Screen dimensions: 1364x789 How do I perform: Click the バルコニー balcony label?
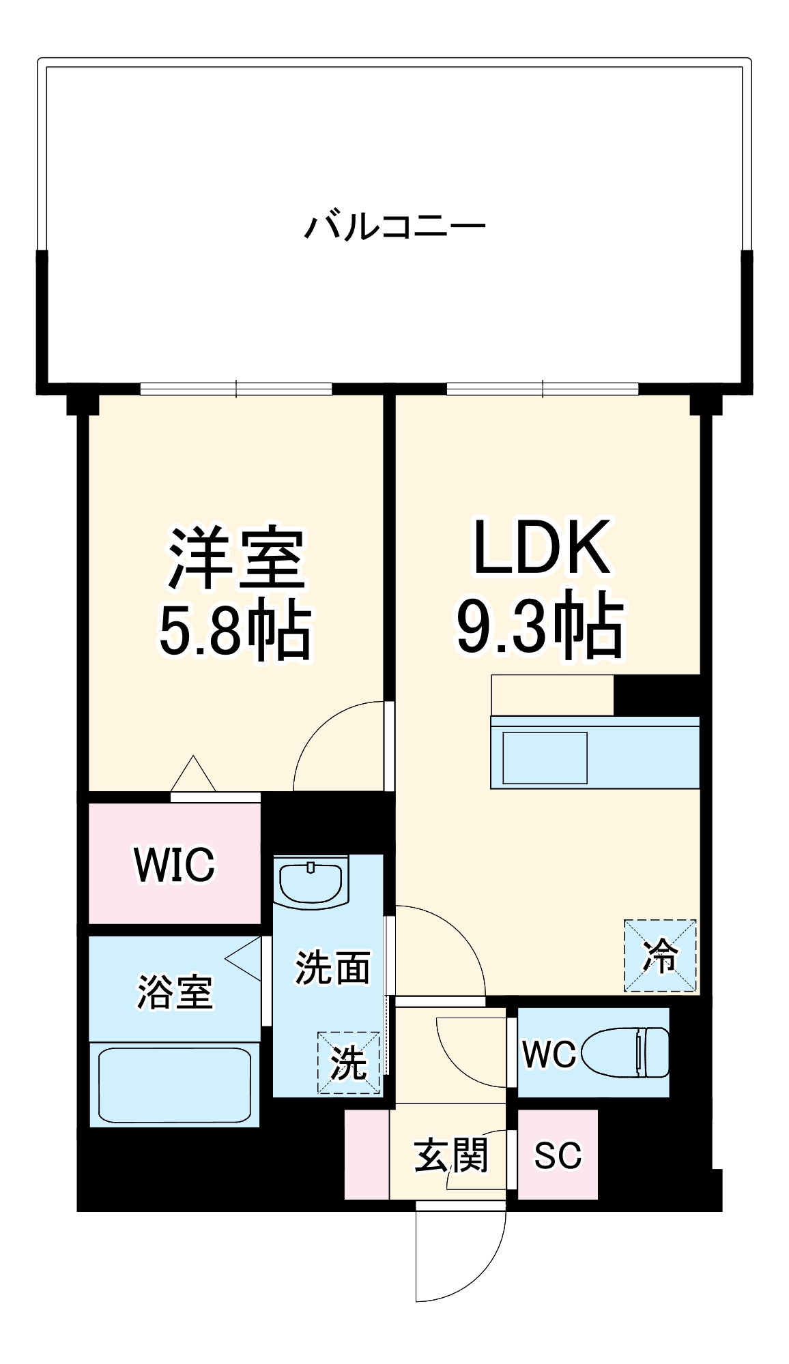tap(394, 226)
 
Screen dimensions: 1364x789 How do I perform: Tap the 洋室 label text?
tap(235, 558)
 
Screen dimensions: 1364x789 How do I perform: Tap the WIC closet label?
tap(175, 865)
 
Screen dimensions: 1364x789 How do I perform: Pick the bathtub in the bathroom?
tap(175, 1084)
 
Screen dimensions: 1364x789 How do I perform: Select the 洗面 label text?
tap(332, 967)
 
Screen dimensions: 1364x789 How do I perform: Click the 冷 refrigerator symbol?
tap(660, 955)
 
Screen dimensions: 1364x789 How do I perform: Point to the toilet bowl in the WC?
tap(625, 1053)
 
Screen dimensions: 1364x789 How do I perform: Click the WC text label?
tap(549, 1054)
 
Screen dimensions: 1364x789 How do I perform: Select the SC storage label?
tap(558, 1155)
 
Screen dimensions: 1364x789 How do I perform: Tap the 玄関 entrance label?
tap(451, 1155)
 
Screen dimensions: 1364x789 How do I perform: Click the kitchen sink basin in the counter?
tap(545, 758)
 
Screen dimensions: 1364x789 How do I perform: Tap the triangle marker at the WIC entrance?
tap(193, 776)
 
